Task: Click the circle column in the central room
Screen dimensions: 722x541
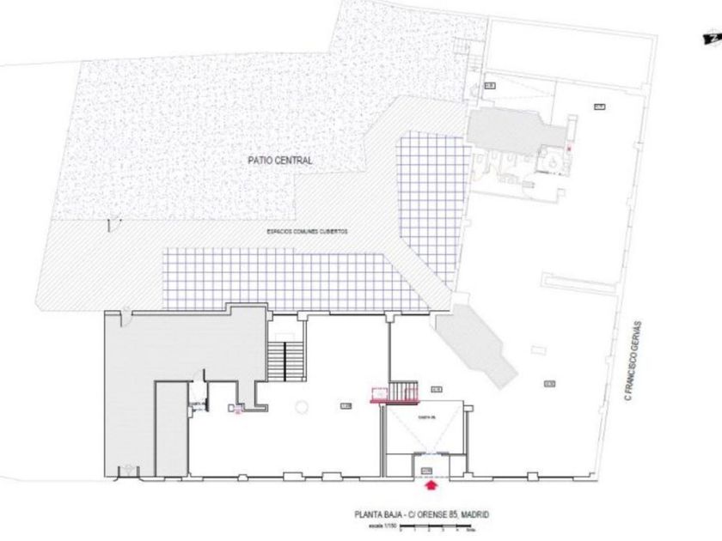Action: coord(302,404)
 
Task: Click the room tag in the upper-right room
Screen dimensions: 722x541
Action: coord(599,106)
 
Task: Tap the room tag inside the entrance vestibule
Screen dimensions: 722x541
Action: coord(427,471)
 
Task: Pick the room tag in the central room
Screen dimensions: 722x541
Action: coord(346,405)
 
